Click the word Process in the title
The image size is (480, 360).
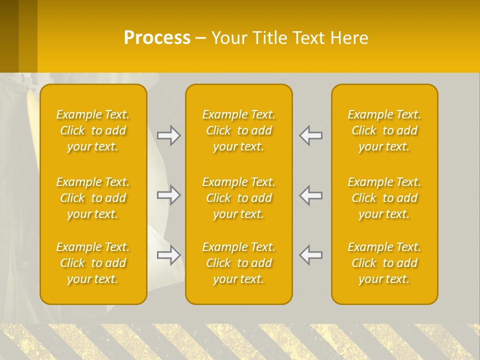[x=157, y=38]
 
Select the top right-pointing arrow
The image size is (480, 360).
[x=168, y=135]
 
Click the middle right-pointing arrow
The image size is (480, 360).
[x=168, y=195]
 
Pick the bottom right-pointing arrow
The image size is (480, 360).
[x=168, y=255]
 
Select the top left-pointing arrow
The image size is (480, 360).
[x=311, y=135]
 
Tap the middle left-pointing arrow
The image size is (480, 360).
[x=311, y=195]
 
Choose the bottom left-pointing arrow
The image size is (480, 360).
[x=311, y=255]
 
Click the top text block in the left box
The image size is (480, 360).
[x=93, y=130]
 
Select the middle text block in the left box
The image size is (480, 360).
[x=93, y=198]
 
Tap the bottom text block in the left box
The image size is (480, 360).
[x=93, y=263]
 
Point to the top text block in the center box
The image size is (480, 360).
[x=239, y=130]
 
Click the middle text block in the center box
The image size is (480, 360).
[x=239, y=198]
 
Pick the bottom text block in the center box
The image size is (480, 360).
[x=239, y=263]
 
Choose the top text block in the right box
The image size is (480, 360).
[x=384, y=130]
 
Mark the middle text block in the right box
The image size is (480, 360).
[x=384, y=198]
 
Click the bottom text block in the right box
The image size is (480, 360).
[x=384, y=263]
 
